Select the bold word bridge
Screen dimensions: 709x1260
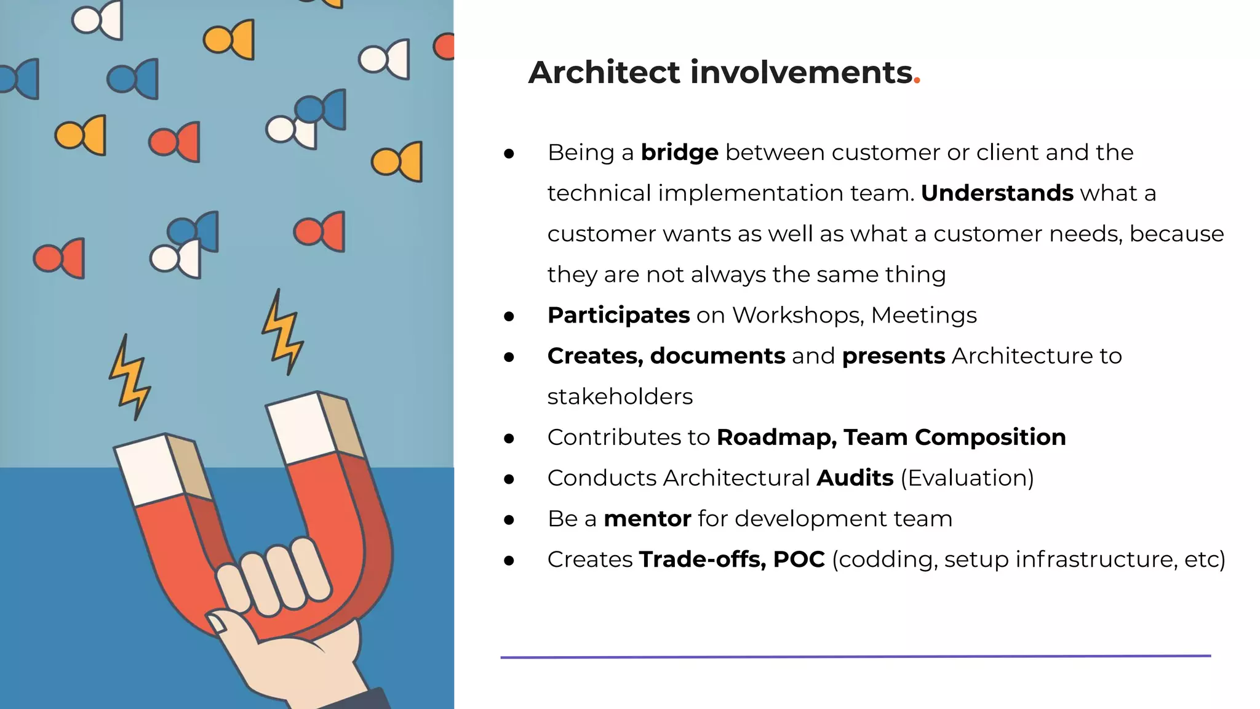pyautogui.click(x=679, y=152)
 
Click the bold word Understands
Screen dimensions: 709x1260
pyautogui.click(x=997, y=193)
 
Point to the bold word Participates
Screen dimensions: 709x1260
pyautogui.click(x=618, y=315)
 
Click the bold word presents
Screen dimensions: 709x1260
pyautogui.click(x=893, y=356)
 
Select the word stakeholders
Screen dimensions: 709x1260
pyautogui.click(x=620, y=396)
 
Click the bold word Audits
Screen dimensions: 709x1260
pyautogui.click(x=855, y=478)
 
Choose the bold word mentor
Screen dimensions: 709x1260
pyautogui.click(x=647, y=519)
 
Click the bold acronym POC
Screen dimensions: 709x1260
pyautogui.click(x=799, y=559)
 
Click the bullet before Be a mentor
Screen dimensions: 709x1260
pyautogui.click(x=509, y=520)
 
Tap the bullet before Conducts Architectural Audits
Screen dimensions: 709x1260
pyautogui.click(x=509, y=479)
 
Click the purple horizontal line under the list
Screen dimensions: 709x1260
pyautogui.click(x=855, y=657)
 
